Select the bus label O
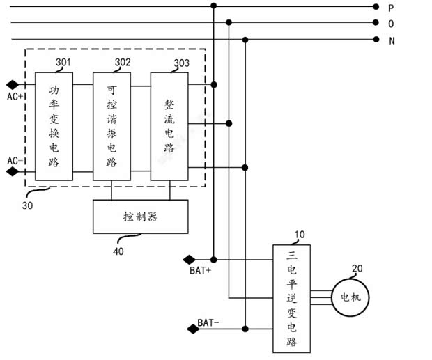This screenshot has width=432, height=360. click(x=392, y=24)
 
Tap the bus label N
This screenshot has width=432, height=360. click(x=392, y=40)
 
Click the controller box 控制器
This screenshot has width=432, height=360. click(x=140, y=217)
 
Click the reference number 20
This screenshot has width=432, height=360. click(x=357, y=269)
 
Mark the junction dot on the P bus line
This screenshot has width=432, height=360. click(x=214, y=6)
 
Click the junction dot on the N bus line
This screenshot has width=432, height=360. click(x=245, y=40)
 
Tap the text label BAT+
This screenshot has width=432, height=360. click(x=200, y=270)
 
